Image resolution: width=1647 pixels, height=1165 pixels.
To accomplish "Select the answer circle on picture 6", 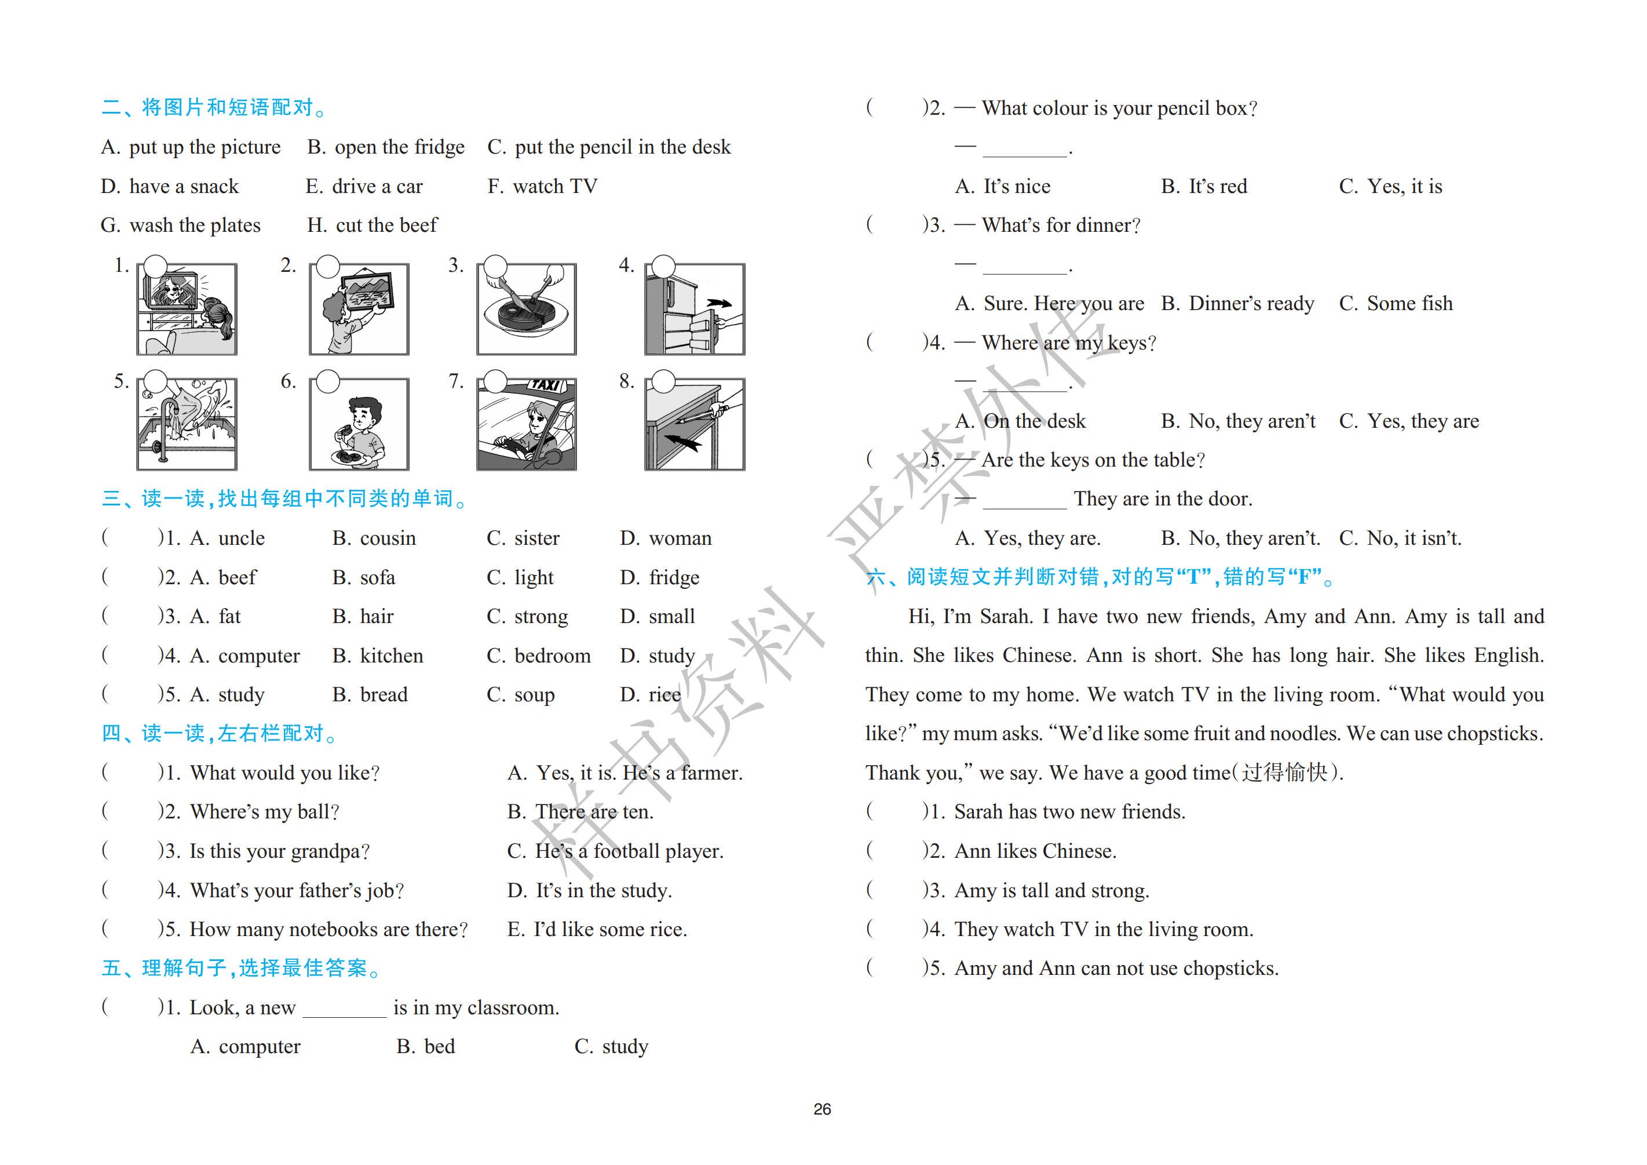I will click(328, 382).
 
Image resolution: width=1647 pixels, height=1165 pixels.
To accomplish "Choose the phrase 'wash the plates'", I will click(195, 225).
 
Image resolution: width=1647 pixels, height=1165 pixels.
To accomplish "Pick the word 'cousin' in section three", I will click(388, 538).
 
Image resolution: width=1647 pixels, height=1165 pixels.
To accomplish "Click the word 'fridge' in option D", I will click(674, 578).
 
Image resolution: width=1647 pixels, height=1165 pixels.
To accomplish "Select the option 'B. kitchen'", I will click(378, 656).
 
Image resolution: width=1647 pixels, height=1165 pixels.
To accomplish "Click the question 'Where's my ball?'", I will click(264, 812).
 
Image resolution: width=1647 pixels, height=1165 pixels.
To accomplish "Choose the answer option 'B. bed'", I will click(426, 1047).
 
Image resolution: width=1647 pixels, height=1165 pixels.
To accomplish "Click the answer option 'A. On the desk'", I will click(1021, 421).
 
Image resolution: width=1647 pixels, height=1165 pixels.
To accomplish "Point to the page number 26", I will click(822, 1110).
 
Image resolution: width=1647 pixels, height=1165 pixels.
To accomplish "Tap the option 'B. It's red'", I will click(1204, 187).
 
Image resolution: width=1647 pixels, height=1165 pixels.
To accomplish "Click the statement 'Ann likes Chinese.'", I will click(1035, 851).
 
